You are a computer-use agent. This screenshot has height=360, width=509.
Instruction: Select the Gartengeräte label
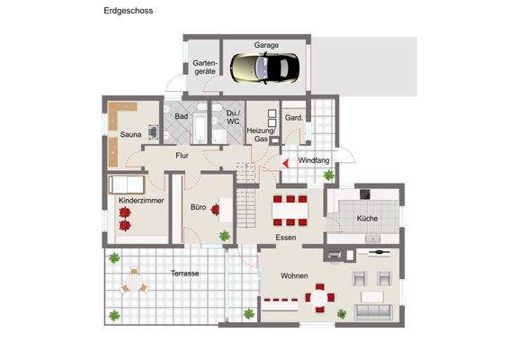[x=202, y=67]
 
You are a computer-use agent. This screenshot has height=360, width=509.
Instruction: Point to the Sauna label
[x=130, y=135]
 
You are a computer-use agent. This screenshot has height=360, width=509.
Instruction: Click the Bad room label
[x=181, y=117]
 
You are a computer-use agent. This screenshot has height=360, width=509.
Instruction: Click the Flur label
[x=182, y=156]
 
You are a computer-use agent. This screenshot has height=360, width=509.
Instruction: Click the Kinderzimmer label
[x=141, y=200]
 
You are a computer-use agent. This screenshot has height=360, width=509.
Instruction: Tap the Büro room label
[x=199, y=207]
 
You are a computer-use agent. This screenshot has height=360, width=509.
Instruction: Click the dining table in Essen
[x=290, y=210]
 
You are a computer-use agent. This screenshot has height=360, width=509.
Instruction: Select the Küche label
[x=367, y=219]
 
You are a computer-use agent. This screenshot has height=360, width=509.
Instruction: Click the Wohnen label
[x=294, y=275]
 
